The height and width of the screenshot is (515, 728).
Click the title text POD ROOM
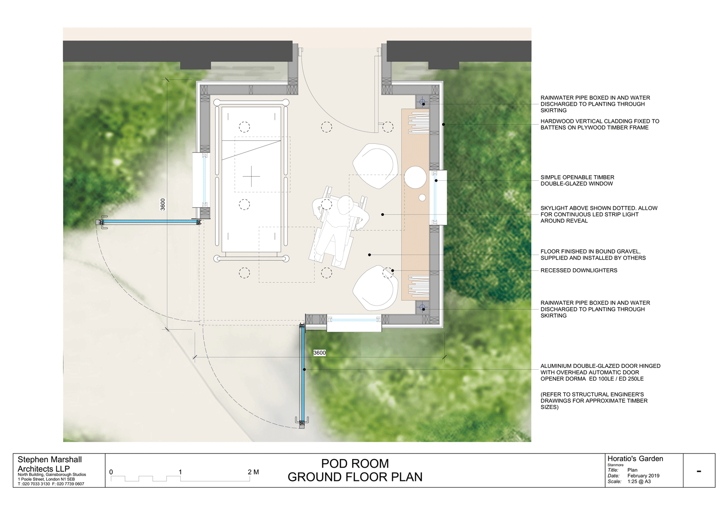(x=355, y=464)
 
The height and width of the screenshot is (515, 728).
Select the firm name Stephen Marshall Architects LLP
(x=50, y=464)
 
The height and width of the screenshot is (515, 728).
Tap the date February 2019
(x=643, y=476)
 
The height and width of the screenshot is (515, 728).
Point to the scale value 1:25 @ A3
(x=639, y=481)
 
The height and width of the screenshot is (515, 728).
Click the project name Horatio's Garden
(x=635, y=459)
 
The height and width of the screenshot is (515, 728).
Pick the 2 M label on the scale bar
(x=253, y=472)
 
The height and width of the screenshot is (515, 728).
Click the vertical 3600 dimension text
(x=163, y=204)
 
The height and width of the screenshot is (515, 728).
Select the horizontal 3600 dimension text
(x=319, y=352)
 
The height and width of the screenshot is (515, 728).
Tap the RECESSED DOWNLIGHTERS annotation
(x=579, y=270)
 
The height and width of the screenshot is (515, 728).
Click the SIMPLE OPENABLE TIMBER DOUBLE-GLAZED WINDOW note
(x=577, y=181)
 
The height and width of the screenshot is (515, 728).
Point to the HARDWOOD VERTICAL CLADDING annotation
(x=600, y=124)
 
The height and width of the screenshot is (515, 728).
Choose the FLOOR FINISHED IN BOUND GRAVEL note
(x=593, y=255)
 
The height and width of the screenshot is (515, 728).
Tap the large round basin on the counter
(x=415, y=177)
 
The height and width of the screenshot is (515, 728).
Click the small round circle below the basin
(x=422, y=198)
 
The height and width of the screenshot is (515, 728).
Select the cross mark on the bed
(x=251, y=177)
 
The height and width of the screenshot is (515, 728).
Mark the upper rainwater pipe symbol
(x=423, y=102)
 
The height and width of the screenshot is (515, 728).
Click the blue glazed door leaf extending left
(x=150, y=222)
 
